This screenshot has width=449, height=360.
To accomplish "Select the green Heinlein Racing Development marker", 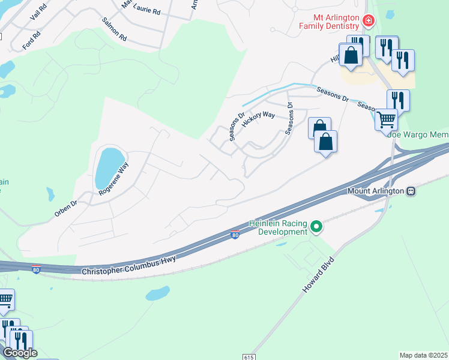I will tap(316, 227).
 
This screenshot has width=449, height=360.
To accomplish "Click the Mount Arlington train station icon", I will tap(411, 191).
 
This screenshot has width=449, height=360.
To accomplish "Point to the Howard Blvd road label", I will tap(318, 273).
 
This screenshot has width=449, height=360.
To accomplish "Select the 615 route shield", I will tap(249, 356).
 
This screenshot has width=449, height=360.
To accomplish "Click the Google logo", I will tap(20, 353).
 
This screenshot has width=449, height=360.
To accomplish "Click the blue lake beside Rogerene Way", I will tap(107, 166).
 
